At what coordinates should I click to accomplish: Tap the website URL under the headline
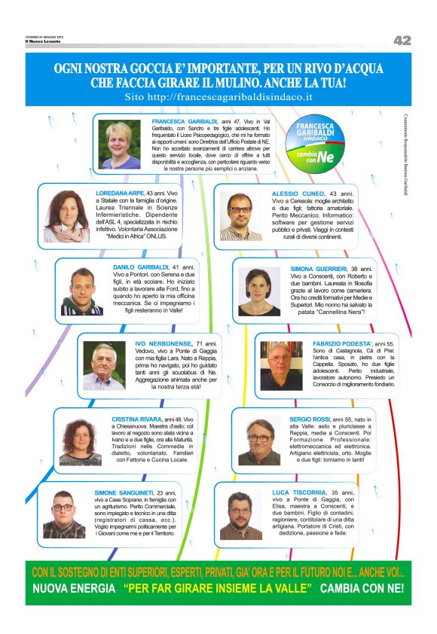218,97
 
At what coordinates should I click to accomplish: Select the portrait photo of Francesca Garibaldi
121,145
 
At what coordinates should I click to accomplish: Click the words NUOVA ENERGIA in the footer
74,587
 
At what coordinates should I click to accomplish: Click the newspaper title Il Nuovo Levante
42,41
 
